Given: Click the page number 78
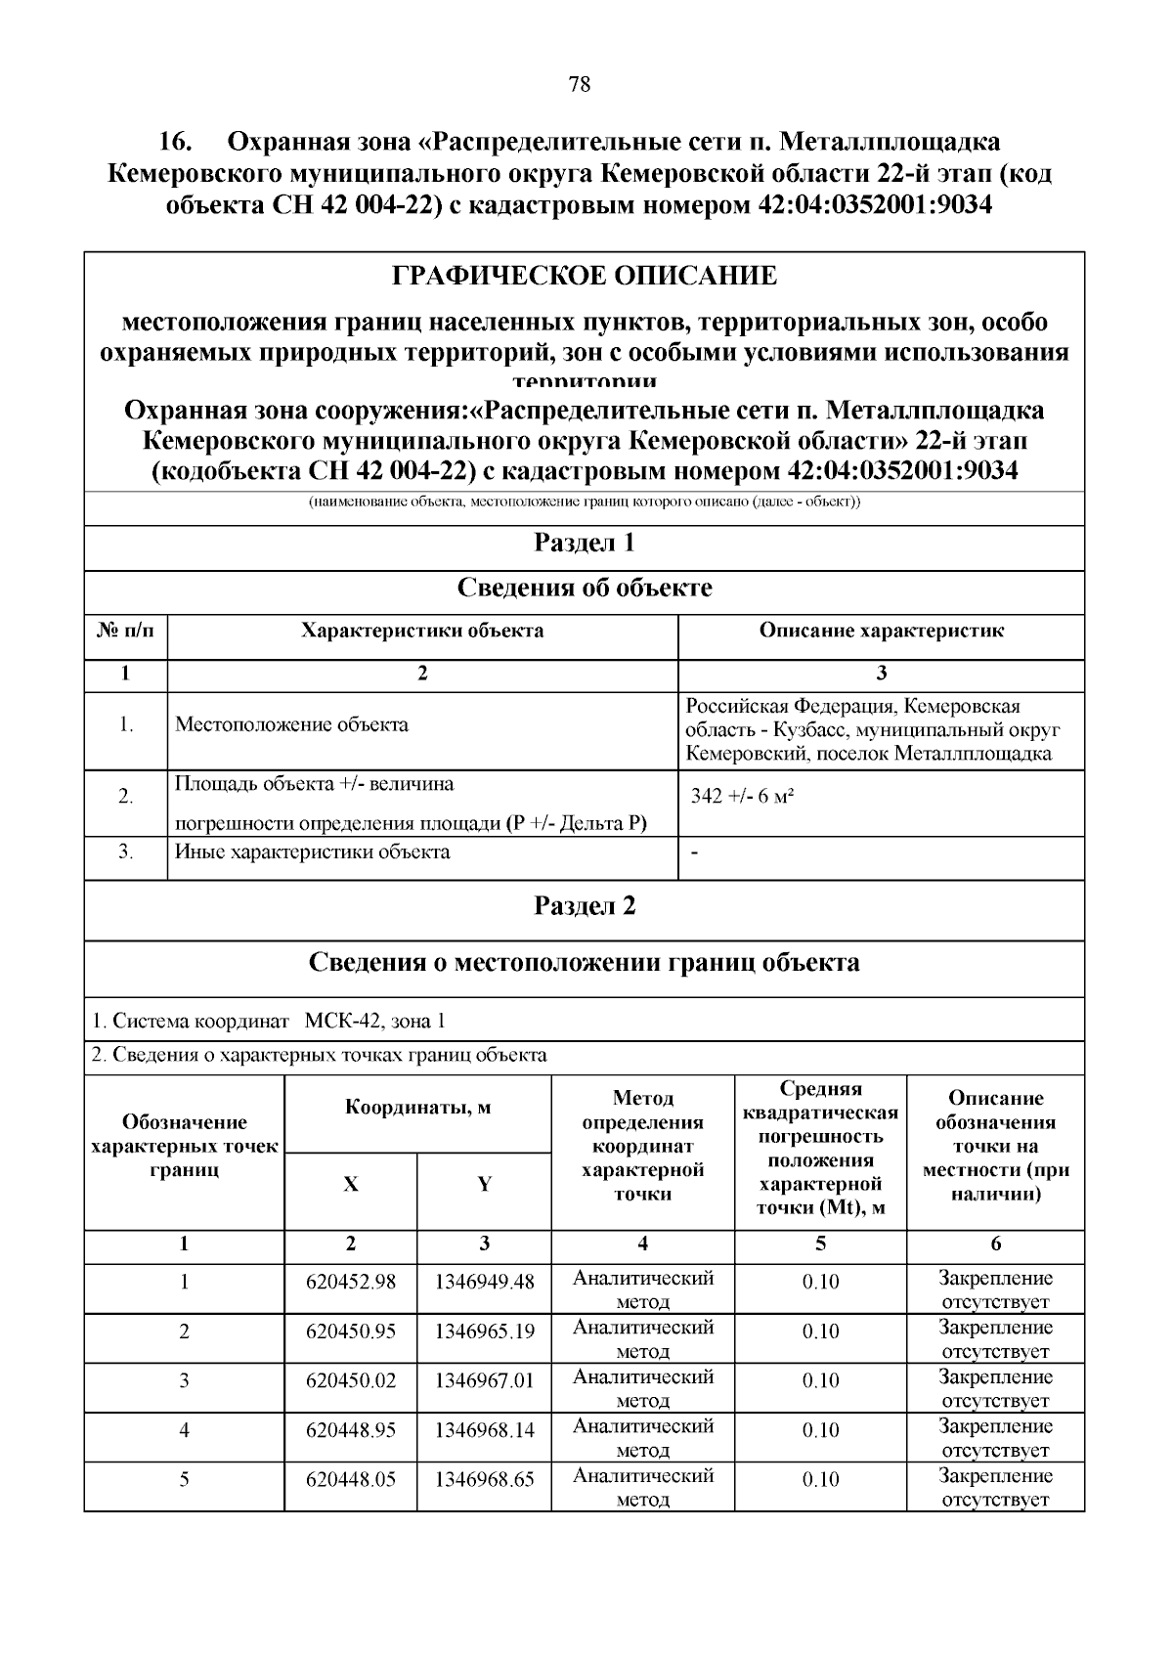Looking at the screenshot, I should click(579, 85).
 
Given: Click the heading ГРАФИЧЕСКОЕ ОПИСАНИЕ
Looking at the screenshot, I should click(585, 276).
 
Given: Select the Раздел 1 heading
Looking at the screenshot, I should click(585, 543).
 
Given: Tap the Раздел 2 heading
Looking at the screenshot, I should click(585, 906).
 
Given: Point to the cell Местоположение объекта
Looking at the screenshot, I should click(291, 724).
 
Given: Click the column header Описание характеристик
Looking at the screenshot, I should click(881, 631).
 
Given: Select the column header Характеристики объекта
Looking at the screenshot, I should click(422, 631).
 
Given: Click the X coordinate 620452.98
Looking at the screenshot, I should click(351, 1282).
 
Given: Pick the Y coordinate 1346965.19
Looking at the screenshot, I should click(485, 1332).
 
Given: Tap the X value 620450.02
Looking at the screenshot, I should click(351, 1380).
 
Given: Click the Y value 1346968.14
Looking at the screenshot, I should click(485, 1430).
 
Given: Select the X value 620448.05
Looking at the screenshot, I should click(351, 1479).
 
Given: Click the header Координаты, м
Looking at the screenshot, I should click(417, 1108).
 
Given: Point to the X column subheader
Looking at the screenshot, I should click(351, 1184).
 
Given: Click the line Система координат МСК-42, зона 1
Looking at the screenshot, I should click(269, 1022).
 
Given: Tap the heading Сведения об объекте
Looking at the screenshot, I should click(585, 588).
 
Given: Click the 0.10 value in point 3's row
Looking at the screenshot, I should click(820, 1380).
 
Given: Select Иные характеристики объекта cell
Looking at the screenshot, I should click(313, 851).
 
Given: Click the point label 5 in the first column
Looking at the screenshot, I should click(184, 1479).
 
